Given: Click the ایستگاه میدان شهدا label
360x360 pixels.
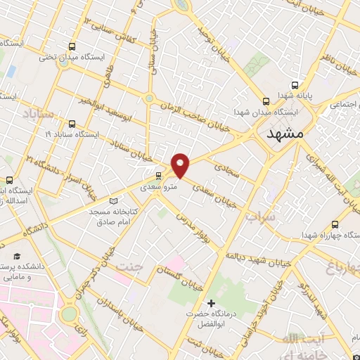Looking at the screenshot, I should [266, 112].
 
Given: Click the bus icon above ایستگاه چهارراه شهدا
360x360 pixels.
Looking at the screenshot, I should [335, 225].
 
